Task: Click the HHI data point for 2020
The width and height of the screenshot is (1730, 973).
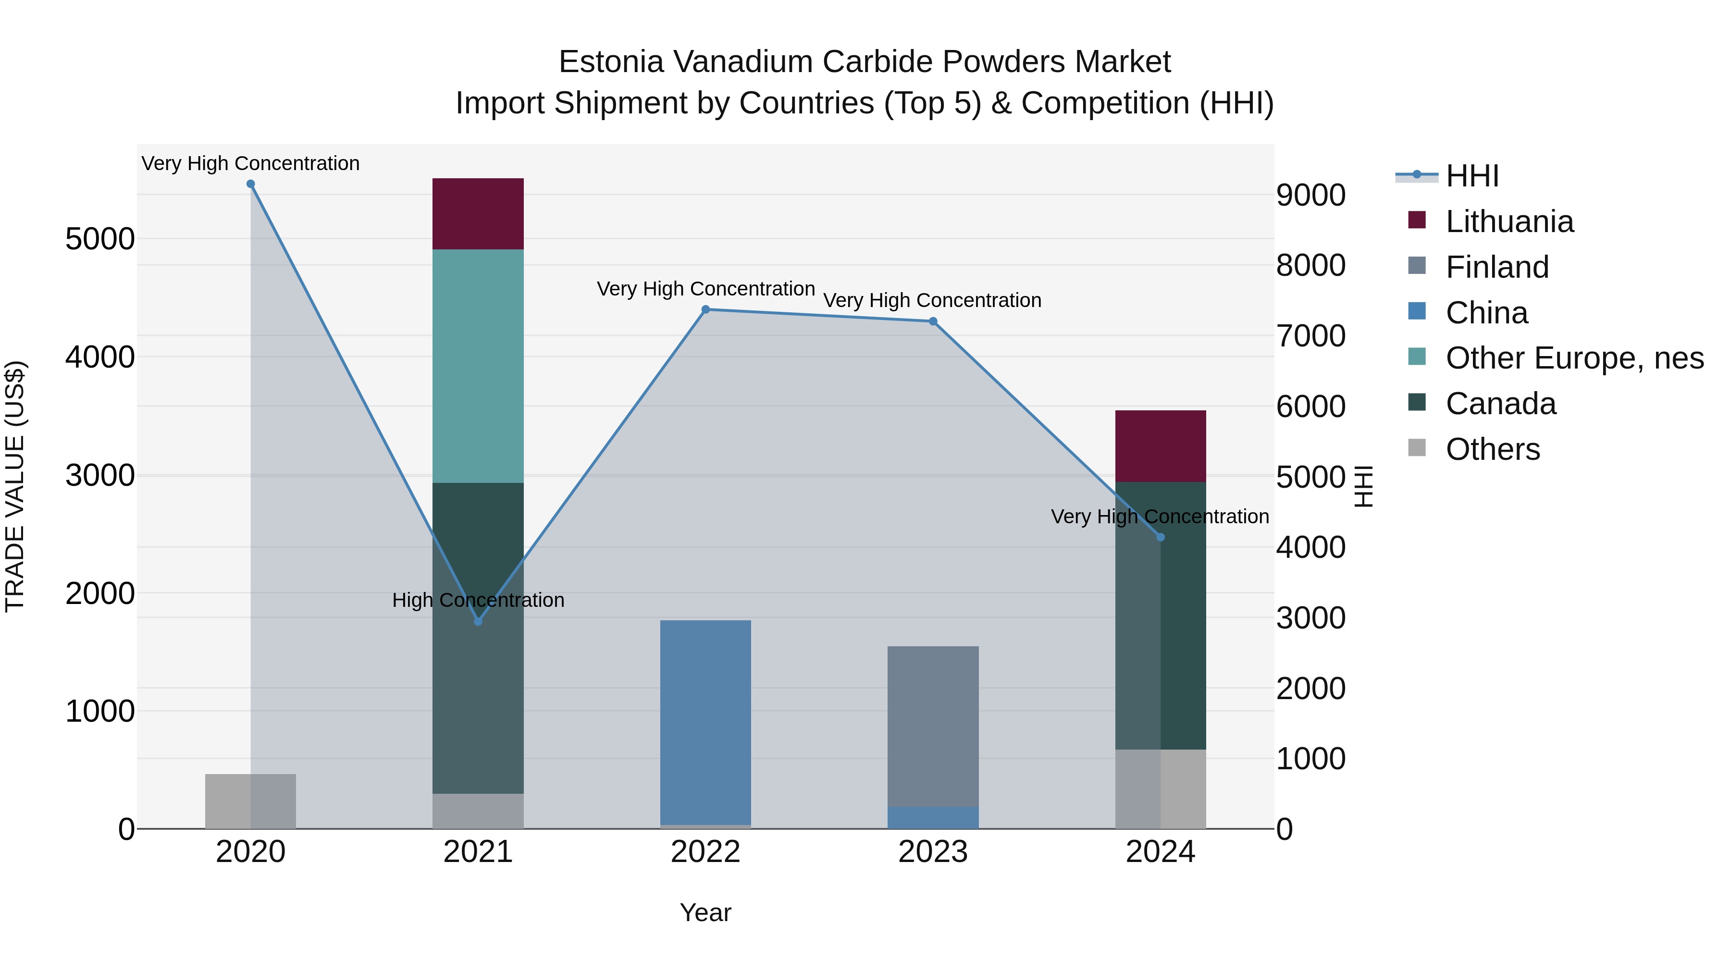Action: (250, 184)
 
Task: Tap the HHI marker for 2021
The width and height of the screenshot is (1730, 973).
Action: (478, 622)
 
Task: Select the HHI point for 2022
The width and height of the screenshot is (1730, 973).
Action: (705, 309)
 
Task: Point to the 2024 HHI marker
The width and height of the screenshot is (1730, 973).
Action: (1161, 537)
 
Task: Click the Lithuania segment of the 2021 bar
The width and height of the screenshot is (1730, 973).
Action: (478, 213)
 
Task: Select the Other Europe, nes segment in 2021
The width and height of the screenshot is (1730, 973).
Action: (478, 366)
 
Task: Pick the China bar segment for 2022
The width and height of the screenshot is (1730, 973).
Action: (705, 722)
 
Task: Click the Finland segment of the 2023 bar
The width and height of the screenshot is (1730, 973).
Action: (933, 725)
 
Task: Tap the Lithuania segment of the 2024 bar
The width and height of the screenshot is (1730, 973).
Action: (1161, 446)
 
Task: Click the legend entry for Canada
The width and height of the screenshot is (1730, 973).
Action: (1500, 404)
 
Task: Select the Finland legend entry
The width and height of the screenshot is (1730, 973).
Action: (1497, 267)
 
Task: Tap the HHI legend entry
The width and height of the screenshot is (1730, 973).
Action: (1471, 176)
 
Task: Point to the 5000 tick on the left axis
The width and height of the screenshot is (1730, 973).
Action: (100, 239)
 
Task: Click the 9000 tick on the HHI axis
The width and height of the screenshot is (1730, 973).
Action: (1311, 196)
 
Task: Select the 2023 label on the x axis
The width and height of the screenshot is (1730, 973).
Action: (933, 852)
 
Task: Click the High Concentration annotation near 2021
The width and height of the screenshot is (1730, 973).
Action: (478, 600)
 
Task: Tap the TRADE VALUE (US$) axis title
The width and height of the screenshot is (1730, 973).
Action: (15, 486)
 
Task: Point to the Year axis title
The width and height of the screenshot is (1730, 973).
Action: (705, 912)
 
